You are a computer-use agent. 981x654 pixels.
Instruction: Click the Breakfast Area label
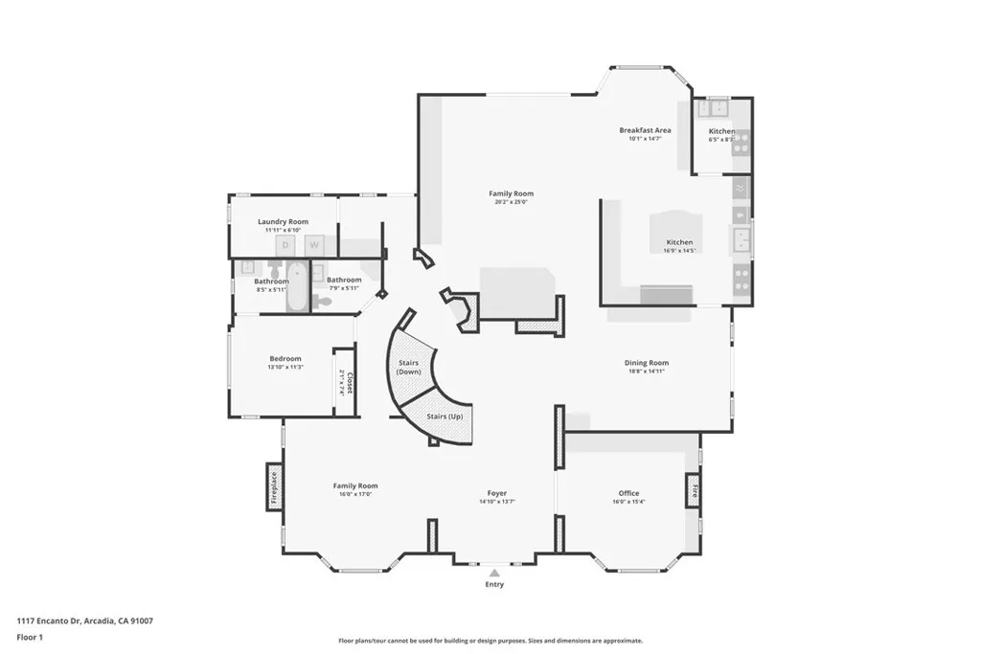click(645, 130)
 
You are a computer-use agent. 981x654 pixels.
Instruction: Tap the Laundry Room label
click(283, 221)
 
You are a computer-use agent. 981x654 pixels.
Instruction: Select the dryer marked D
click(285, 246)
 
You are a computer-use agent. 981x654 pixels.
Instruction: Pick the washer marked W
click(312, 246)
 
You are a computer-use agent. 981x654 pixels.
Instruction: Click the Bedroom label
click(285, 359)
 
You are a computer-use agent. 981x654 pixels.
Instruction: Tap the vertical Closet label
click(350, 383)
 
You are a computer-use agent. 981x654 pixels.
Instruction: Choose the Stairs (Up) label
click(445, 417)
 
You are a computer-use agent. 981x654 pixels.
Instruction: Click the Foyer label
click(496, 493)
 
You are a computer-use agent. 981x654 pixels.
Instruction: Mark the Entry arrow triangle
click(494, 573)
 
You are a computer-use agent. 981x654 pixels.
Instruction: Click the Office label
click(628, 493)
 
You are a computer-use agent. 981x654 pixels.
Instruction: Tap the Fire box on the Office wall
click(693, 491)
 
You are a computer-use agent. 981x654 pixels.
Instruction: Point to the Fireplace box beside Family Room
click(274, 487)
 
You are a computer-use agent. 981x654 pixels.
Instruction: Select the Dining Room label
click(646, 363)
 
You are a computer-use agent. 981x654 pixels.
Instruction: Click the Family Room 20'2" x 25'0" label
click(511, 193)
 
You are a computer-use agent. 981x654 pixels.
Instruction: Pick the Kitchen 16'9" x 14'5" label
click(679, 242)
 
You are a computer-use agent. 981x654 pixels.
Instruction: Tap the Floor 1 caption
click(32, 637)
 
